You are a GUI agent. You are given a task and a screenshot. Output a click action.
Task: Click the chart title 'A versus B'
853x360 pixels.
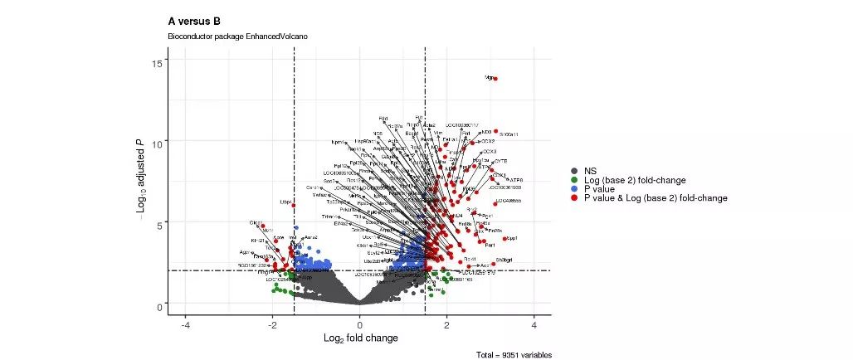(194, 21)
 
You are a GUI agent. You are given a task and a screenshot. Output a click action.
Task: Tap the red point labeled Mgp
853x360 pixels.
(495, 79)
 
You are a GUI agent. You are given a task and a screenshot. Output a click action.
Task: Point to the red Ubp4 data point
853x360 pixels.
(293, 205)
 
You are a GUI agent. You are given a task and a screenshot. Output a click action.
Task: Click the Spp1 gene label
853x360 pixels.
(512, 238)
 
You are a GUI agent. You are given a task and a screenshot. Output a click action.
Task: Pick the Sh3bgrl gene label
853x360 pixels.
(504, 260)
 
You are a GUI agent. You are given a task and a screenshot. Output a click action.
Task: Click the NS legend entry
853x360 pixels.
(591, 172)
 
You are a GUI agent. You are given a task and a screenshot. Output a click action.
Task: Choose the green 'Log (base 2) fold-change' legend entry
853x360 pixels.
(635, 181)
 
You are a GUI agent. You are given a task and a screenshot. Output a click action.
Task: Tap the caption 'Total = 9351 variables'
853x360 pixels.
(514, 355)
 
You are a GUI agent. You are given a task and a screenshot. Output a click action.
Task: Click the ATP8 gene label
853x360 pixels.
(516, 180)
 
